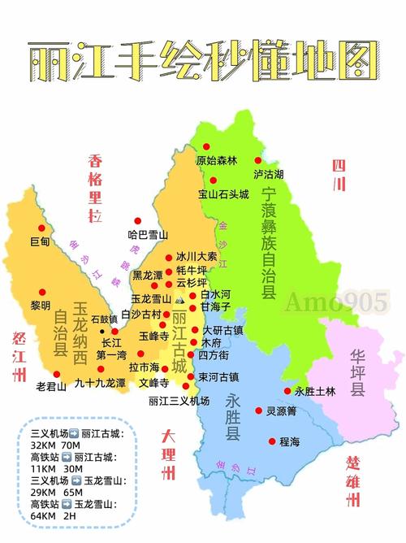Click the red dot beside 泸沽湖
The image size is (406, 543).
(x=259, y=161)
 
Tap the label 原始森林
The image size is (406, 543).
(x=216, y=161)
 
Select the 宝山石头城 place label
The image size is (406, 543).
(x=223, y=193)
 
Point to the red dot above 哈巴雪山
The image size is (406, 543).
(x=139, y=221)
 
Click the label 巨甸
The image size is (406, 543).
(x=40, y=241)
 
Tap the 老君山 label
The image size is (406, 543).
(x=51, y=387)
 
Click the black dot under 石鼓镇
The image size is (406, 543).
(x=101, y=331)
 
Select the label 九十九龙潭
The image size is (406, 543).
(x=100, y=382)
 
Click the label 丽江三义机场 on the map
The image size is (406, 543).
(x=179, y=401)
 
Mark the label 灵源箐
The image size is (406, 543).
(x=281, y=411)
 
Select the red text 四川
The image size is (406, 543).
(x=339, y=176)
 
